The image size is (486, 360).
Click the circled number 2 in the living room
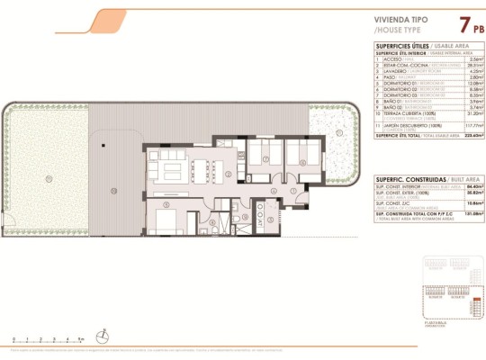229,175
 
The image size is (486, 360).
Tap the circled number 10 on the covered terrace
114,190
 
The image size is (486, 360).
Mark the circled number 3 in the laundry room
212,222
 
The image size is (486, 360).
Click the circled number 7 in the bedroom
266,159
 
